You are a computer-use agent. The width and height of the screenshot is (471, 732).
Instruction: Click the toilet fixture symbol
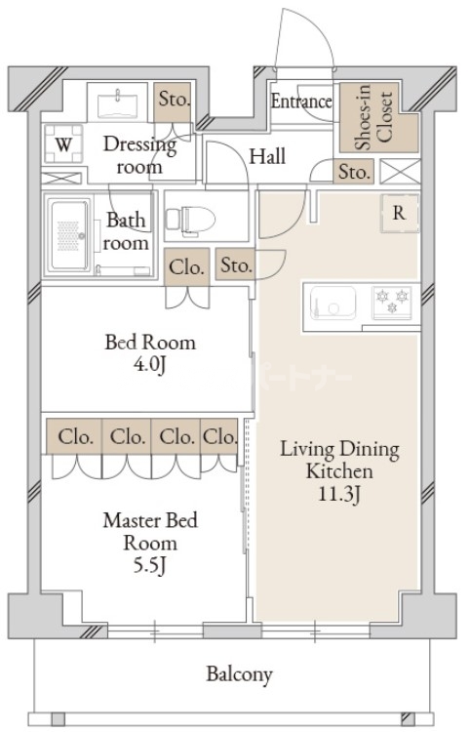pyautogui.click(x=190, y=219)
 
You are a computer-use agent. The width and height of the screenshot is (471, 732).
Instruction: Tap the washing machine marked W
pyautogui.click(x=64, y=143)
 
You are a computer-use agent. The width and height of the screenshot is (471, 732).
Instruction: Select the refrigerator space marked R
pyautogui.click(x=399, y=213)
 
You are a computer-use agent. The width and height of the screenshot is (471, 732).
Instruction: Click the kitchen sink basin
pyautogui.click(x=333, y=303)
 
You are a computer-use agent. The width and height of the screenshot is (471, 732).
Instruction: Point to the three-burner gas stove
pyautogui.click(x=392, y=303)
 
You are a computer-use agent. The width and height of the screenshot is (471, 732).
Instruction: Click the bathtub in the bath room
pyautogui.click(x=68, y=235)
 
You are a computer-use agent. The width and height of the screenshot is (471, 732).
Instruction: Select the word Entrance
pyautogui.click(x=301, y=102)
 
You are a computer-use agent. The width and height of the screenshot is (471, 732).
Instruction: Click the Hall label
pyautogui.click(x=267, y=157)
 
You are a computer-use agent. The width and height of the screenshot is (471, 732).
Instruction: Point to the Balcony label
pyautogui.click(x=239, y=674)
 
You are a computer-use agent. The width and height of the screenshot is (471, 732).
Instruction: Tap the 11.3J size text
pyautogui.click(x=339, y=494)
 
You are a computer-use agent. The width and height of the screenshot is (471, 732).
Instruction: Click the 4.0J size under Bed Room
pyautogui.click(x=149, y=365)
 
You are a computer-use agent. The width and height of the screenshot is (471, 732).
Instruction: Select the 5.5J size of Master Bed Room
pyautogui.click(x=150, y=566)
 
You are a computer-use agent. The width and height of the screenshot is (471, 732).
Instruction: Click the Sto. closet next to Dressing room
pyautogui.click(x=173, y=102)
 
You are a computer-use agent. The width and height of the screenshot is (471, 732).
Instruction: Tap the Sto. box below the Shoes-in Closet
pyautogui.click(x=353, y=171)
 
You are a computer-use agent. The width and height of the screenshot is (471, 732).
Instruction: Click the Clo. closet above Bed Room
pyautogui.click(x=186, y=267)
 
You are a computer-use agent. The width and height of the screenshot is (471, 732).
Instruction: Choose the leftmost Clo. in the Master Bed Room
pyautogui.click(x=74, y=436)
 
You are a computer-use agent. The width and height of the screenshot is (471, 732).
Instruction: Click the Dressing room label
pyautogui.click(x=139, y=155)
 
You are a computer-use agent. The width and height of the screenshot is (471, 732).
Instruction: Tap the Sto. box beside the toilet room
pyautogui.click(x=236, y=264)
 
